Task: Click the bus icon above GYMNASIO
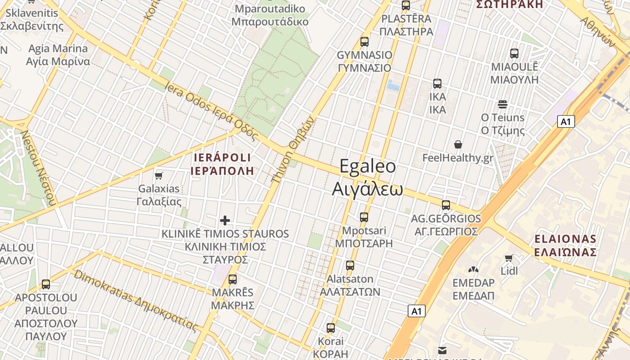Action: [x=364, y=42]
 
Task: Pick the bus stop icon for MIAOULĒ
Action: [x=514, y=54]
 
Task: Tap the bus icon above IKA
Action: [x=437, y=84]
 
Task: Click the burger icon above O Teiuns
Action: [x=503, y=104]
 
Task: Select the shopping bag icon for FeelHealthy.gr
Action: [x=458, y=144]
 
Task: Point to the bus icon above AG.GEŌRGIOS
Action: [x=446, y=205]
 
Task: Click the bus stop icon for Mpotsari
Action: [x=364, y=217]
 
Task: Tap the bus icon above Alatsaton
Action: [x=350, y=265]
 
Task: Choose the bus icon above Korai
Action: [x=331, y=328]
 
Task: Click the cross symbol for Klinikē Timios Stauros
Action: [x=225, y=220]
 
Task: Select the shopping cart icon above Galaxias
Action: [x=158, y=175]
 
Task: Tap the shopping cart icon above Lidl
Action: [x=509, y=258]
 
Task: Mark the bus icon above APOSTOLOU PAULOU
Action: [x=46, y=284]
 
